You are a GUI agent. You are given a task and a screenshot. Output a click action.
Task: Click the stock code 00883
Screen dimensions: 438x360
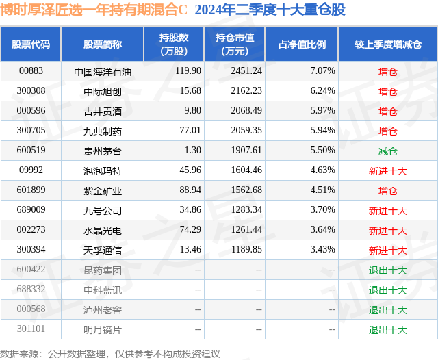click(31, 71)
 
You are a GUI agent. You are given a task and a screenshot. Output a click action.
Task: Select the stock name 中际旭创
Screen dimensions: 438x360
click(103, 91)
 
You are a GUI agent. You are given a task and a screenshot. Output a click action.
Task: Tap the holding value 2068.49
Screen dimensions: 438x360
click(246, 111)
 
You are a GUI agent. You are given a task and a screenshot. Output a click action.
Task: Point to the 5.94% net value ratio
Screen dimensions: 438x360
click(322, 131)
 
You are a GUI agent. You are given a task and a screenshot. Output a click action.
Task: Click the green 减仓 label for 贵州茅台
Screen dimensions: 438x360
click(388, 151)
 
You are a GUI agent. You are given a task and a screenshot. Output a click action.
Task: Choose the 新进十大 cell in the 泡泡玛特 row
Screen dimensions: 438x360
click(388, 171)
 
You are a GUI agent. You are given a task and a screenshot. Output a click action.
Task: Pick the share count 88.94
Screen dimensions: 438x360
click(190, 190)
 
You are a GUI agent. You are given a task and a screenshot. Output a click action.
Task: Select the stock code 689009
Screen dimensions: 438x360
click(31, 209)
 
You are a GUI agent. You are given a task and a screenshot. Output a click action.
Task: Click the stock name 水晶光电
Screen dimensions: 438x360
click(103, 231)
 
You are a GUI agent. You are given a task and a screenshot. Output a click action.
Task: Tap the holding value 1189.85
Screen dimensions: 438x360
click(246, 249)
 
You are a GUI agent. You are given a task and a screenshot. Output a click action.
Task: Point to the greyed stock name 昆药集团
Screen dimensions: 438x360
click(103, 270)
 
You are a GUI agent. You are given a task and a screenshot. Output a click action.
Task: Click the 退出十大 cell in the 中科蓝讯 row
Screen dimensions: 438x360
click(388, 290)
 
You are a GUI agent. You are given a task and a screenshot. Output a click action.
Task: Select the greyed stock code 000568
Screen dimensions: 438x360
click(31, 309)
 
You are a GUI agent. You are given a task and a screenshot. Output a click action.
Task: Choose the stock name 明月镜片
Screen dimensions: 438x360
click(103, 330)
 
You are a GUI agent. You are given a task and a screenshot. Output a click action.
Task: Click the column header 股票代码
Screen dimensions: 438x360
click(31, 44)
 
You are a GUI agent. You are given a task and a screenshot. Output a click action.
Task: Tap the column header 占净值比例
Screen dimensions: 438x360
click(302, 44)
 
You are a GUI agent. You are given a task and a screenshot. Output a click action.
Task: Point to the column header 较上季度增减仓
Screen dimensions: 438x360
click(388, 44)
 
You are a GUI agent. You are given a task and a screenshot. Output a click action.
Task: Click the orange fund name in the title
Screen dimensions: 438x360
click(94, 10)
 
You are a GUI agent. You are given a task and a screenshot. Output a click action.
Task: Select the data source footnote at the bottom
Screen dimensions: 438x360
click(110, 354)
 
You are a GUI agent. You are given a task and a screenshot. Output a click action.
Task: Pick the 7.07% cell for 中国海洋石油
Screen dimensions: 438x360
click(322, 71)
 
